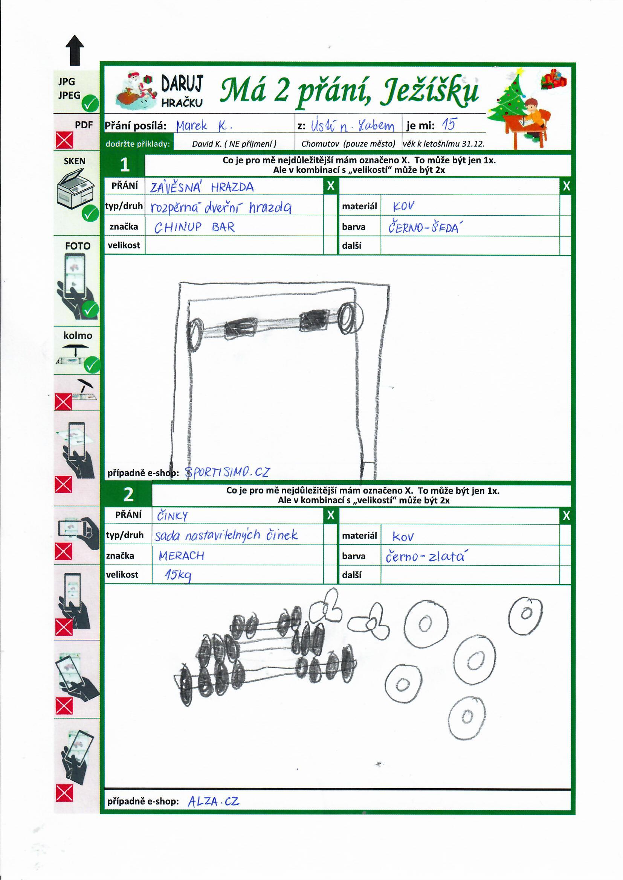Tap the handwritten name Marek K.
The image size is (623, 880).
point(203,126)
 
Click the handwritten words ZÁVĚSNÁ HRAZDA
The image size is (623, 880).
point(202,187)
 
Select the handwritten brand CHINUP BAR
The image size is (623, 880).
point(194,227)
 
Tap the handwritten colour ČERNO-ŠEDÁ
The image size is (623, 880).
point(423,228)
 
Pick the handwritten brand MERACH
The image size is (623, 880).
point(181,556)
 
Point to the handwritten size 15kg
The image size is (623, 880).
point(178,575)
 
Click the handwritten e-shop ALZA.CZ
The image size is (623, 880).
point(213,801)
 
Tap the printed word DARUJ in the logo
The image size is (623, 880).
point(182,83)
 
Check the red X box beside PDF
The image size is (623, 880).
point(64,140)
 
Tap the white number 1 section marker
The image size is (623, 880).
point(125,165)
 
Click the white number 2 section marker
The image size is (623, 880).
point(128,495)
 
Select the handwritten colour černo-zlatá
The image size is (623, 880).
point(425,557)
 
